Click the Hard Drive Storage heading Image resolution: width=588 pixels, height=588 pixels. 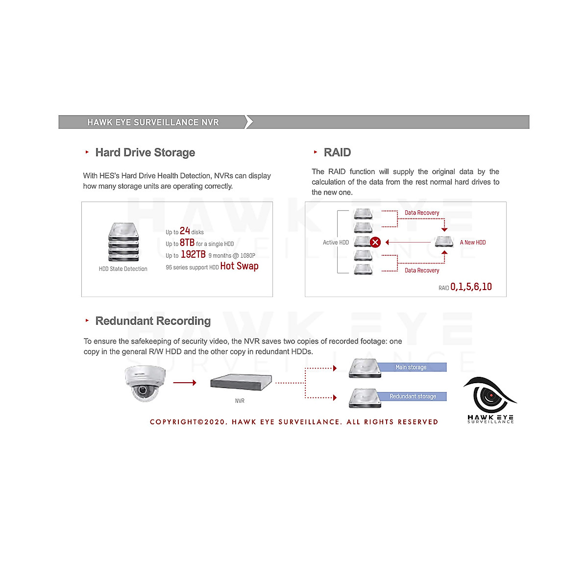pos(145,152)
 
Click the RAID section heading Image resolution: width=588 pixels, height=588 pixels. pos(337,152)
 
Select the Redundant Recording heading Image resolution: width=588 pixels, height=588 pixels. pos(153,321)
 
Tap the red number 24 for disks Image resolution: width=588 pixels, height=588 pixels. pos(185,231)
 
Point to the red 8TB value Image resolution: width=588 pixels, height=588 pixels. pos(187,243)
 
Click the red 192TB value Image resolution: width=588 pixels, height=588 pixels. pos(193,254)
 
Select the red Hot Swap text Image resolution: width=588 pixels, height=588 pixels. pos(239,266)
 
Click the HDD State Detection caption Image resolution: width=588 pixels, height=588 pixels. pos(123,269)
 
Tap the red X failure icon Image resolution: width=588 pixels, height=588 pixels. pos(375,242)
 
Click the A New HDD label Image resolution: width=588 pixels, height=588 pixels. pos(472,243)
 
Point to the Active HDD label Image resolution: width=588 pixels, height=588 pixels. pos(336,243)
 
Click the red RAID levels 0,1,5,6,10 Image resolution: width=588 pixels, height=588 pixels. pos(471,287)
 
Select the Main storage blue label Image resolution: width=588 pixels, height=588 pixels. pos(411,367)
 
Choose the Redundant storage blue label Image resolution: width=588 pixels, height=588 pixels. pos(413,396)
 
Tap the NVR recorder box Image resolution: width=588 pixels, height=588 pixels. pos(241,382)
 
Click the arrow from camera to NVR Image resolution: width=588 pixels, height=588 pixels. pos(184,383)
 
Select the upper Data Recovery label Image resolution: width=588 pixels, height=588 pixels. pos(422,213)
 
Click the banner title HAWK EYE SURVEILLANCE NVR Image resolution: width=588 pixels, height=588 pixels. pos(153,122)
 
